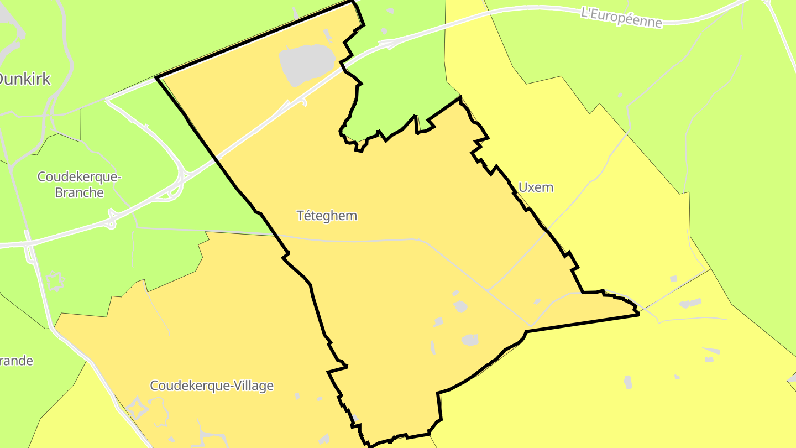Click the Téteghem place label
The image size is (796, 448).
(327, 216)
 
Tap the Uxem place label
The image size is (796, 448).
(536, 187)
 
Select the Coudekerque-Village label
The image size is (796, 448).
(212, 386)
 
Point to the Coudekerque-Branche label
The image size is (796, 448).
(78, 185)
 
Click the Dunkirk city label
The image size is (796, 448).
(24, 79)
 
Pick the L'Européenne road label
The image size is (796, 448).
(621, 17)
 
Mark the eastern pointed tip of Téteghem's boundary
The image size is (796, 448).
(638, 314)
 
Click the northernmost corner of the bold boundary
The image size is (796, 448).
(352, 2)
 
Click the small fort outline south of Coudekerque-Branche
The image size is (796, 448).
(55, 282)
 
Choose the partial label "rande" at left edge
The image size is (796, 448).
(17, 361)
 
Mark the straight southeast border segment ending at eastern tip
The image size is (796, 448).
(580, 323)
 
